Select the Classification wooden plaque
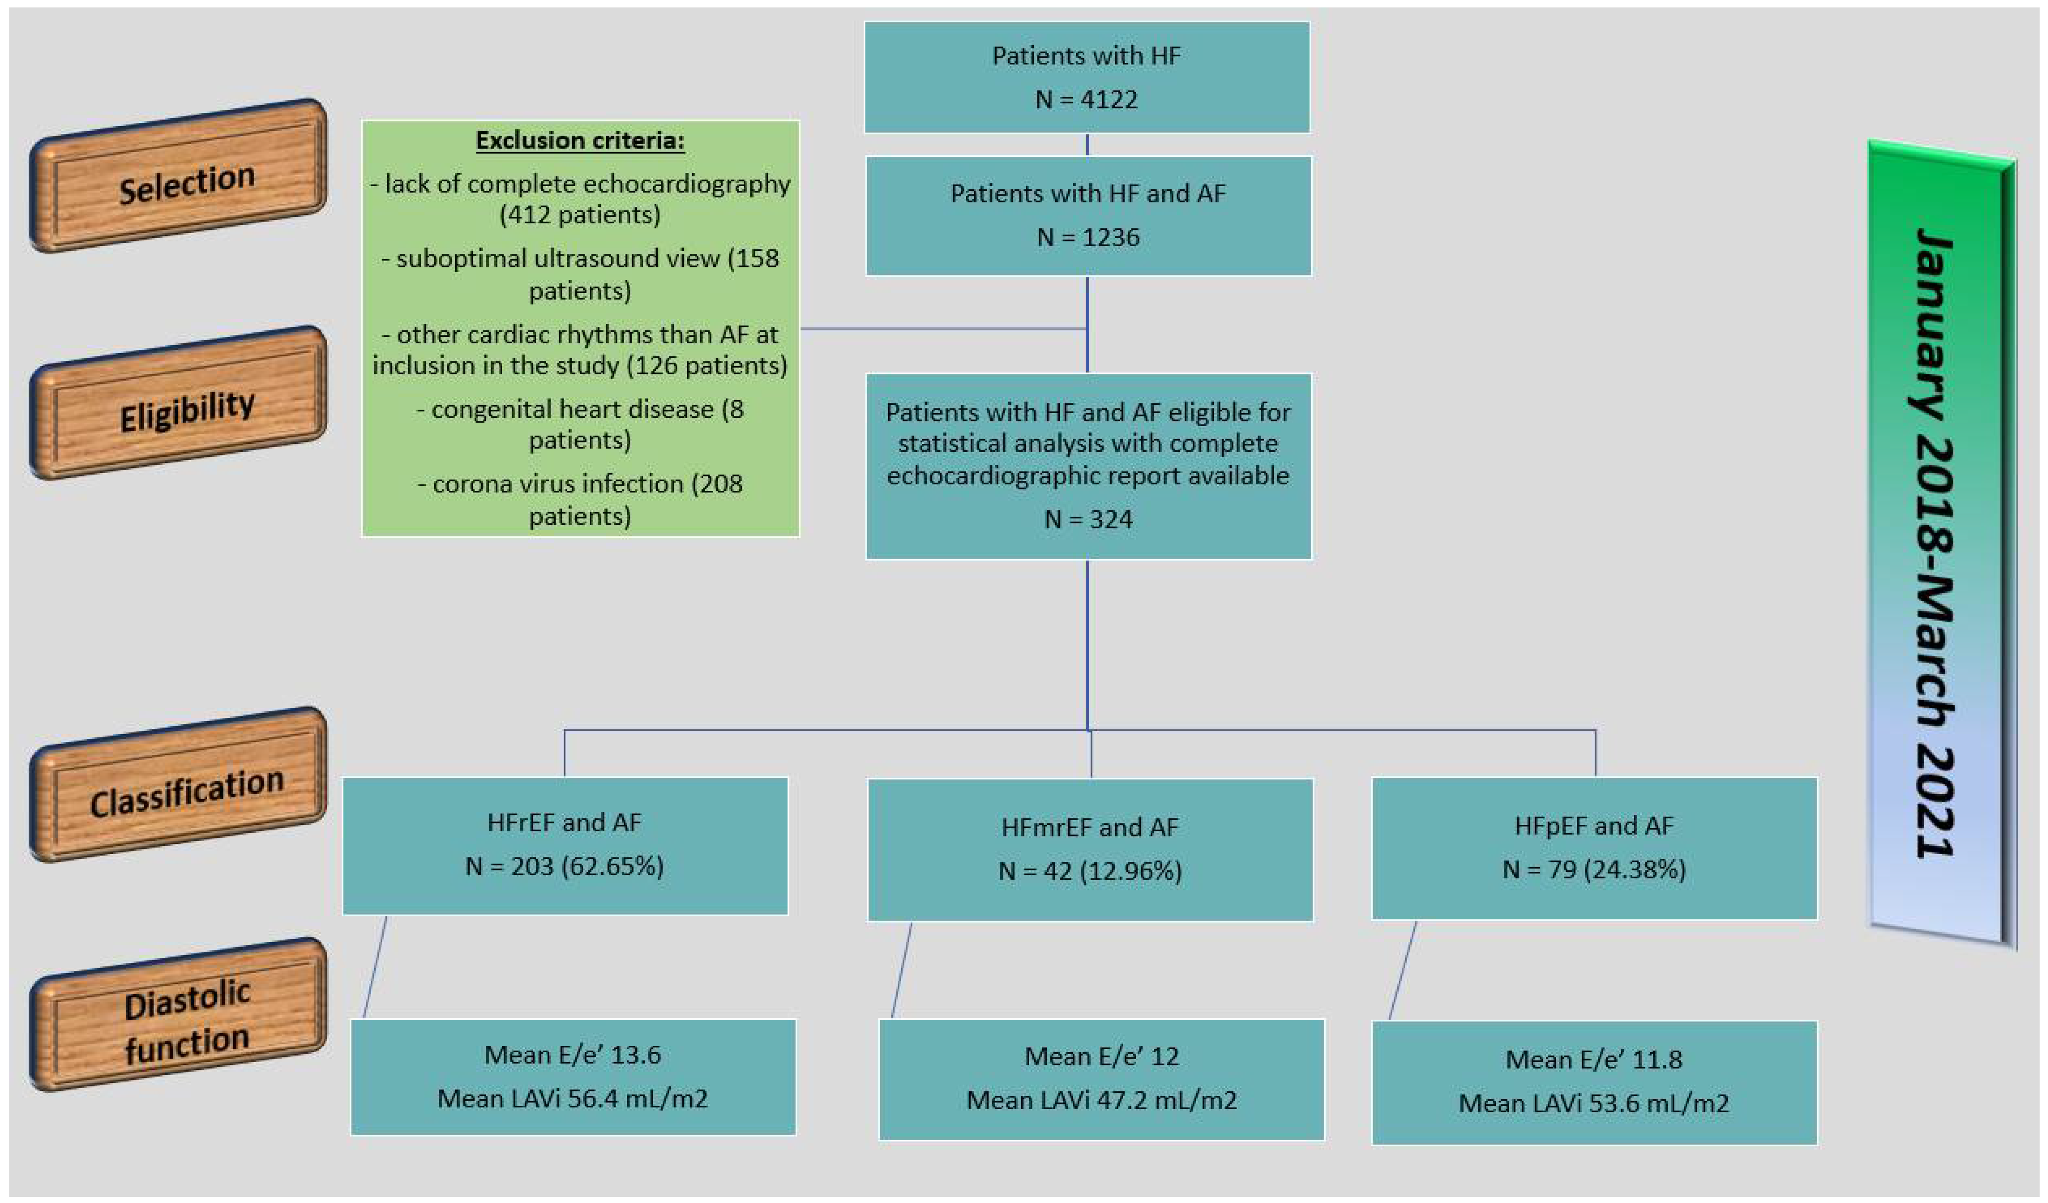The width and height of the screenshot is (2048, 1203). click(179, 785)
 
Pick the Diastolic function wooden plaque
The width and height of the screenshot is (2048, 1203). click(179, 1016)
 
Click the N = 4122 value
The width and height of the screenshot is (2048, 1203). click(1086, 99)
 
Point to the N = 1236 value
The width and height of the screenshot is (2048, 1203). click(1087, 237)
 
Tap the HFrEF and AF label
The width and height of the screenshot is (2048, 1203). click(564, 822)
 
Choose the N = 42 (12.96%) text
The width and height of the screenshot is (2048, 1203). click(1090, 871)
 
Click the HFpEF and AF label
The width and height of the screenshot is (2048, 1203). click(1594, 825)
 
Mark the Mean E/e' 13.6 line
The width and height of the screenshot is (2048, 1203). click(572, 1054)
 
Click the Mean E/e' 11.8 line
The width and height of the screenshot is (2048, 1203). click(1594, 1059)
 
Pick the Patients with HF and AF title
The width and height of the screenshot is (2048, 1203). click(1087, 194)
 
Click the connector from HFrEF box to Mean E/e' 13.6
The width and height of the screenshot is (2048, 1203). click(375, 967)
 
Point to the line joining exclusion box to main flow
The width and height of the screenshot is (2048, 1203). click(943, 329)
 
